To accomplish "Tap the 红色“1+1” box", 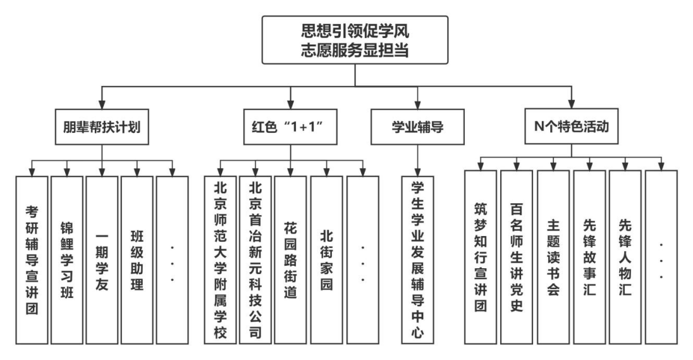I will tap(290, 126).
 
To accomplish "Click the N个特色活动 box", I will tap(572, 126).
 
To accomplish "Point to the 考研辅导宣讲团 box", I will tap(31, 259).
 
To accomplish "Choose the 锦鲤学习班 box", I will tap(66, 259).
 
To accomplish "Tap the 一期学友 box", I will tap(101, 259).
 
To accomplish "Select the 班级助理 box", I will tap(137, 259).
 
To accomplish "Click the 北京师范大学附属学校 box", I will tap(220, 259).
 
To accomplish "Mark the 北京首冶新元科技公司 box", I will tap(255, 259).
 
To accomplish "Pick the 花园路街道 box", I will tap(290, 259).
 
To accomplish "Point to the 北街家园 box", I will tap(326, 259).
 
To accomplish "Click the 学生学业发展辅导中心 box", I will tap(417, 259).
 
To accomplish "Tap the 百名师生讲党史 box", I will tap(516, 258).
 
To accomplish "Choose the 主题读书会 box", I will tap(553, 258).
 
